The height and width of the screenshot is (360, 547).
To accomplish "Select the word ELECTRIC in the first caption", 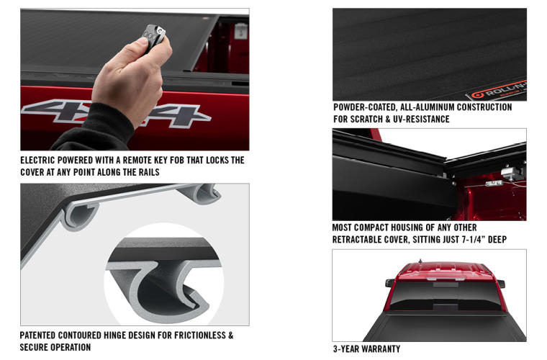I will (42, 161).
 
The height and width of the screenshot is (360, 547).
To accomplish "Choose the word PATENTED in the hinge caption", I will (42, 336).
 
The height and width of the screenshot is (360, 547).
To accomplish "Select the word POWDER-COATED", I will (364, 107).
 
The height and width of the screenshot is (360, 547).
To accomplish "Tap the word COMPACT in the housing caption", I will (375, 227).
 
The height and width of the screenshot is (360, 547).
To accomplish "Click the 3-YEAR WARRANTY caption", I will (366, 349).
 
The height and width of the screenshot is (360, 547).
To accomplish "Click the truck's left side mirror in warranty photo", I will (389, 283).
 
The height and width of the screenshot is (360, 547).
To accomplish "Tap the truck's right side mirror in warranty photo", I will (501, 283).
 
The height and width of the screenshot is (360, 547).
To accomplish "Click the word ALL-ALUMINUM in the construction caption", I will (431, 107).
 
